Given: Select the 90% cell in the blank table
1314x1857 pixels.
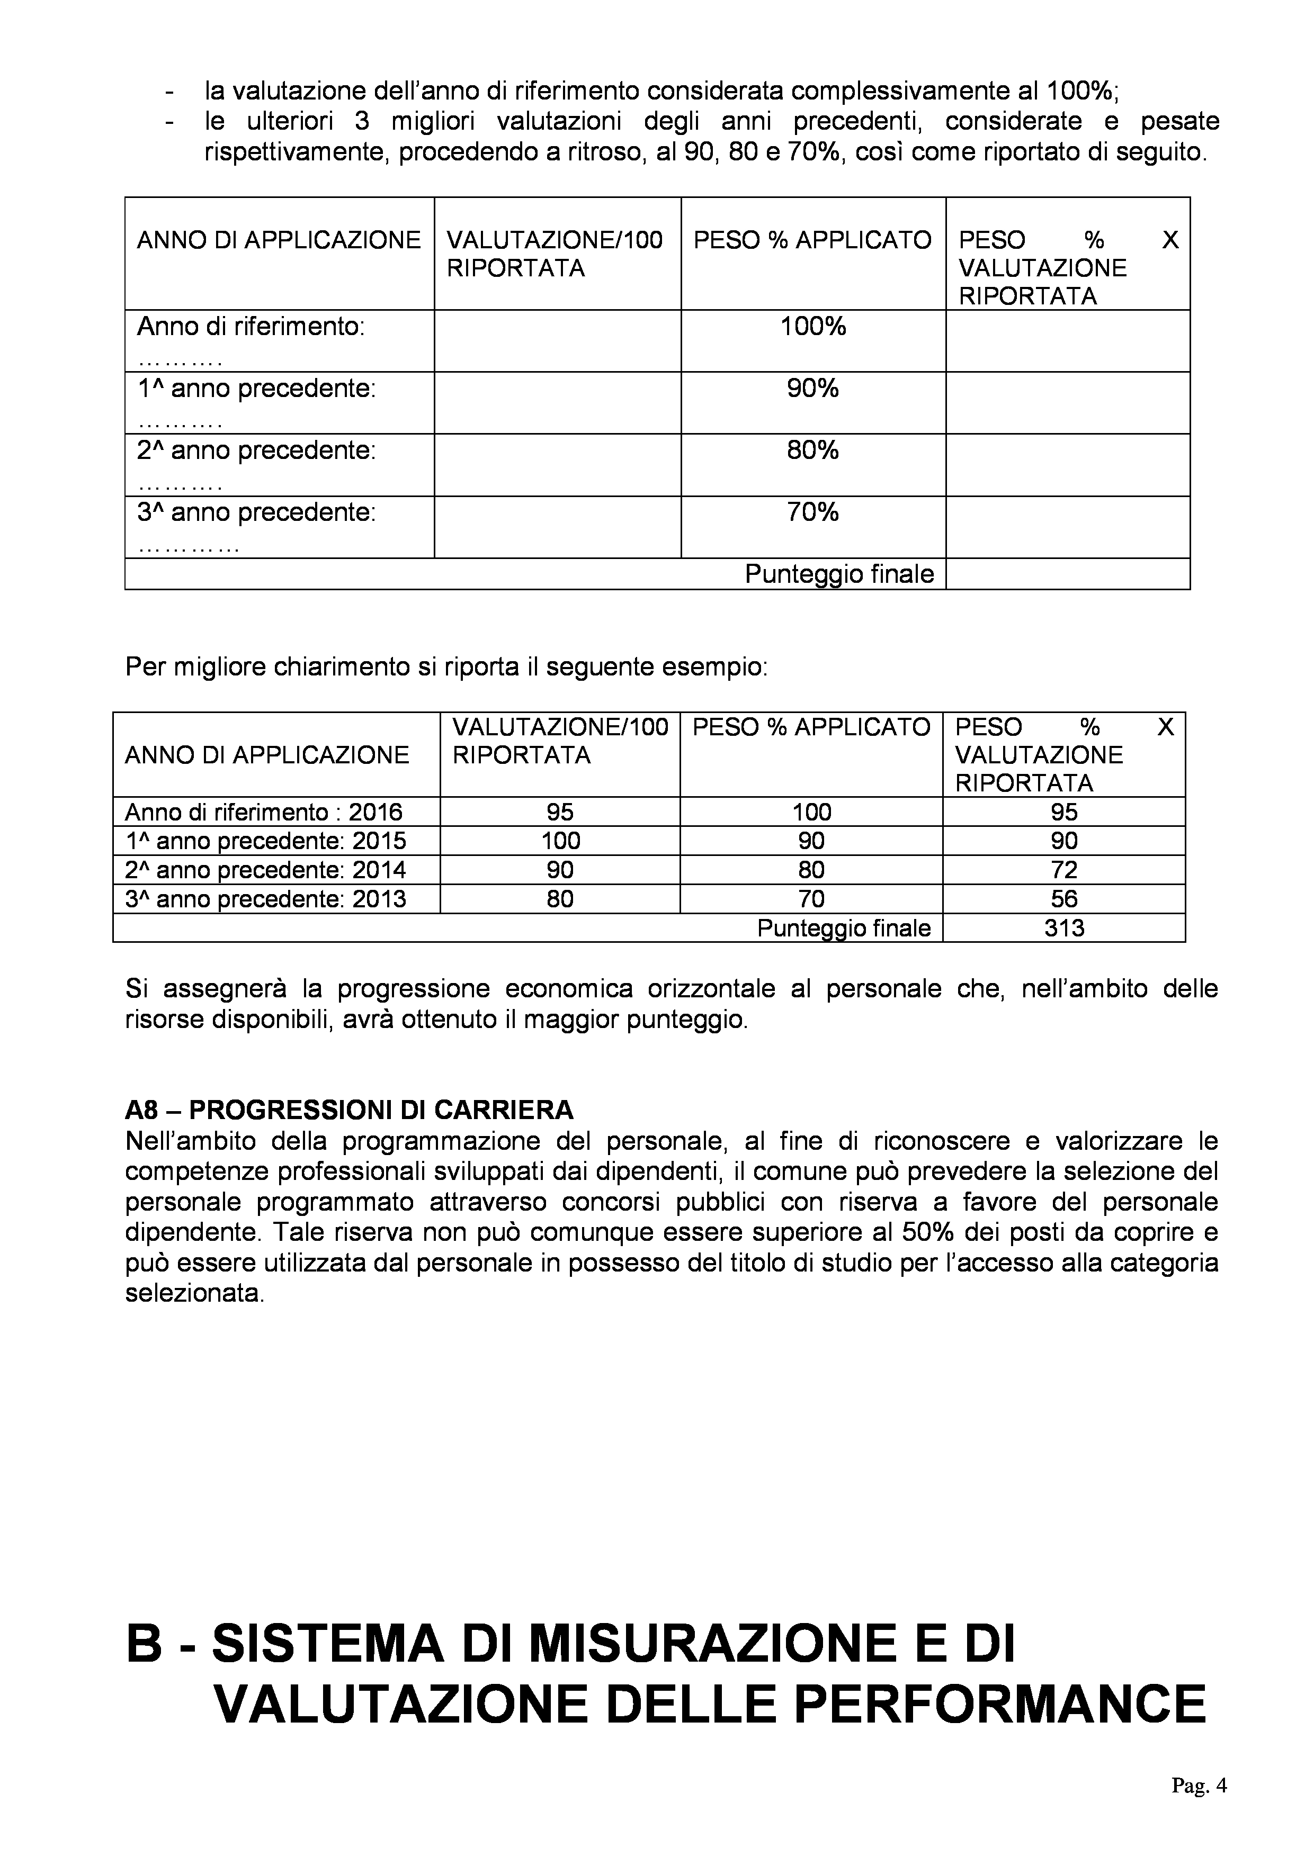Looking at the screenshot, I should (x=812, y=389).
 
